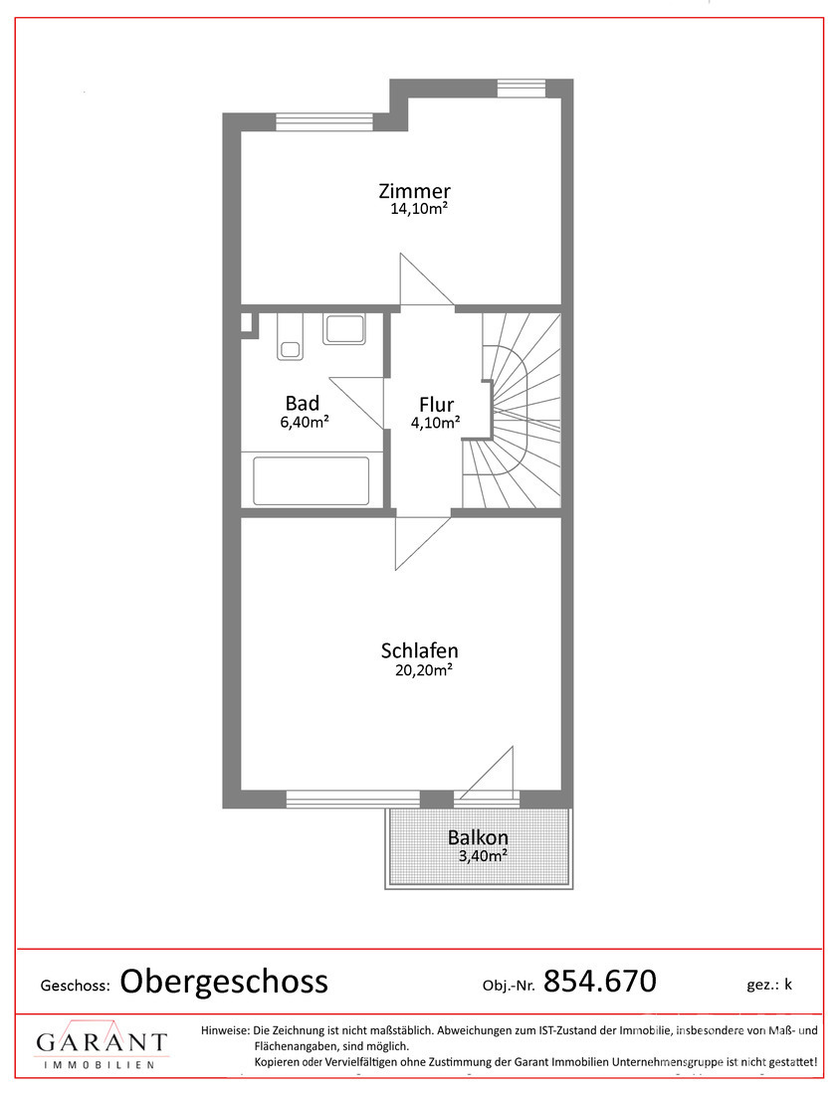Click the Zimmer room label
(x=414, y=191)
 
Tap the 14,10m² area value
(x=418, y=209)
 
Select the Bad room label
(x=303, y=403)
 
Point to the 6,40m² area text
(x=305, y=422)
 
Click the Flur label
(x=436, y=404)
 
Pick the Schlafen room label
(x=420, y=650)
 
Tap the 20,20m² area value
(x=423, y=669)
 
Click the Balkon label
(x=479, y=837)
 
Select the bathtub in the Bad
(x=311, y=480)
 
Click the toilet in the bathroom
(x=289, y=338)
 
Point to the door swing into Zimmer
(x=427, y=279)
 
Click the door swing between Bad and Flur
(x=357, y=403)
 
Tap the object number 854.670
(x=600, y=981)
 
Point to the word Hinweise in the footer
(x=225, y=1029)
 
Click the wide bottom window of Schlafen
(x=353, y=799)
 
